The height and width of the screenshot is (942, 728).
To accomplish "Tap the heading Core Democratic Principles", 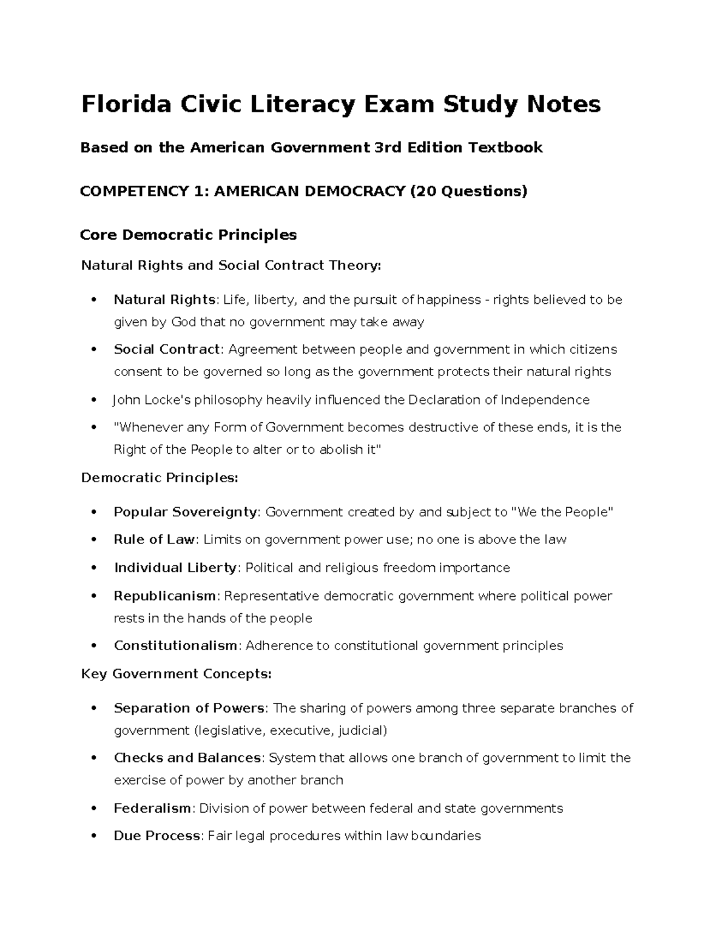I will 188,235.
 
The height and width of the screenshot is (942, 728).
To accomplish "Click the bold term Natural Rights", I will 164,300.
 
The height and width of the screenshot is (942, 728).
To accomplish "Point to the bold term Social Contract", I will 167,349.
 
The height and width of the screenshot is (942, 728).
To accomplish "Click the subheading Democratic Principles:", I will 160,478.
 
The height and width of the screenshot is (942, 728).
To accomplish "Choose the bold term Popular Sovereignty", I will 186,512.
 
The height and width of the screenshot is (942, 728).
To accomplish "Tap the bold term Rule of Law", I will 154,540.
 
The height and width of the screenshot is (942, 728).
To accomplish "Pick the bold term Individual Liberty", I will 175,568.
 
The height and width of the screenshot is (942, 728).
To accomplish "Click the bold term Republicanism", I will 164,596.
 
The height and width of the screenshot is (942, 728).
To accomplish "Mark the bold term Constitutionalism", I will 175,646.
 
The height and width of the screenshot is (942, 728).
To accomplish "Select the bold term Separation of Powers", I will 189,708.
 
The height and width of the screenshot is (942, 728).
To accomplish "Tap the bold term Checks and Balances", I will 187,758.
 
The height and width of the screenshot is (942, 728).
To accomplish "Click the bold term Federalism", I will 152,809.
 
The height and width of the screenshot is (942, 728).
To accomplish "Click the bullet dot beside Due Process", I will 93,836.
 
